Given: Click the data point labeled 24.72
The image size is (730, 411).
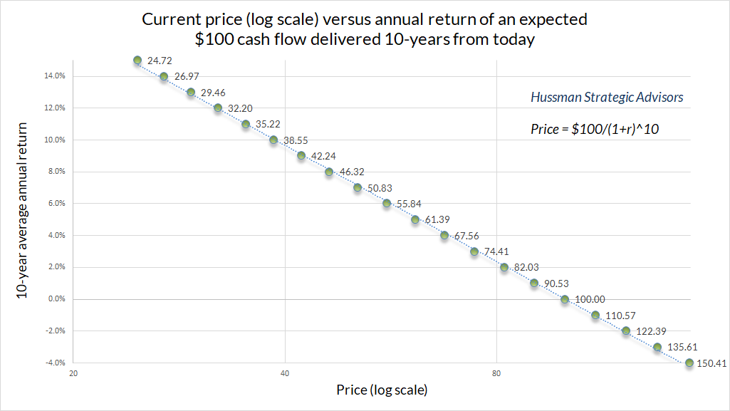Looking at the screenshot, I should click(x=137, y=61).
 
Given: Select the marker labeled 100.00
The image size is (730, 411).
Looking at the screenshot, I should click(x=565, y=299).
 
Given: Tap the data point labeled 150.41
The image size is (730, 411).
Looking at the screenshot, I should click(x=689, y=363).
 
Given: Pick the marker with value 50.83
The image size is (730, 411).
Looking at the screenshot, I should click(x=358, y=187).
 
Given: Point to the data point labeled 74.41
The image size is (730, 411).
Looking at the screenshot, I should click(x=474, y=251).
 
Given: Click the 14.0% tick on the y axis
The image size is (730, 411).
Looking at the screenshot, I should click(x=56, y=76).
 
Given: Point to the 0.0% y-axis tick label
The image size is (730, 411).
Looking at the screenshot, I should click(x=58, y=299).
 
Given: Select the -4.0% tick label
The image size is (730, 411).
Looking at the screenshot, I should click(x=56, y=363).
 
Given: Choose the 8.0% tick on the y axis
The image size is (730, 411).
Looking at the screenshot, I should click(x=58, y=172).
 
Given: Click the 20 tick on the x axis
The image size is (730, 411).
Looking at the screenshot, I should click(x=73, y=374).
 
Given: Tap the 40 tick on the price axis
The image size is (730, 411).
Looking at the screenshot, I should click(x=285, y=374).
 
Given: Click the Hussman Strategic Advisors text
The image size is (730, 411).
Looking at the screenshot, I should click(x=607, y=98).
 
